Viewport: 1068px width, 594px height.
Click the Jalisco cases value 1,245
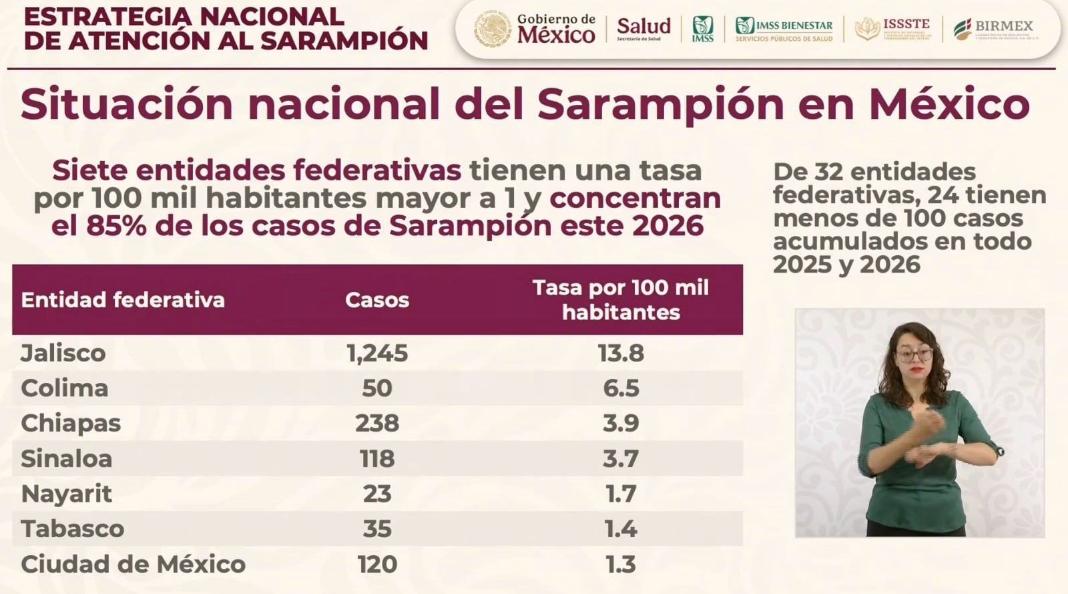(x=377, y=353)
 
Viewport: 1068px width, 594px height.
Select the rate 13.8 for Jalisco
(x=621, y=353)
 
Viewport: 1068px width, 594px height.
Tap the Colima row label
(x=65, y=388)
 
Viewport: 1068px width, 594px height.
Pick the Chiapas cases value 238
(x=377, y=423)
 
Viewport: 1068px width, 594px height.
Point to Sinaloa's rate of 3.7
(x=621, y=459)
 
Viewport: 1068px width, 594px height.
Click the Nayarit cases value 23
(x=377, y=494)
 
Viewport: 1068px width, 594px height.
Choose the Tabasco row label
(x=73, y=529)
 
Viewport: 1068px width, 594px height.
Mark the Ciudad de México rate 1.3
(x=621, y=565)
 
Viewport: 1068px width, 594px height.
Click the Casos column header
(x=377, y=300)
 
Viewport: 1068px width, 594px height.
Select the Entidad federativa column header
(x=123, y=300)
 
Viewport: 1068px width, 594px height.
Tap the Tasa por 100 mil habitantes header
(x=621, y=300)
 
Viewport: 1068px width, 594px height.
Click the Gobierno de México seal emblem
(x=493, y=29)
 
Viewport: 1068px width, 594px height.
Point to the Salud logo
(x=643, y=28)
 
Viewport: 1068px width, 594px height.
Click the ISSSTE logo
(x=892, y=29)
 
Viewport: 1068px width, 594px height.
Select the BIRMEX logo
(x=993, y=29)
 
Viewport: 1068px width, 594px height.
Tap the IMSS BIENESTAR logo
(x=784, y=29)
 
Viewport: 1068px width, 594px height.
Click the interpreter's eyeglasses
(x=914, y=354)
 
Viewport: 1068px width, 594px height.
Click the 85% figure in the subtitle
(x=115, y=226)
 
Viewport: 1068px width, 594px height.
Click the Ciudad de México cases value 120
(x=377, y=565)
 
